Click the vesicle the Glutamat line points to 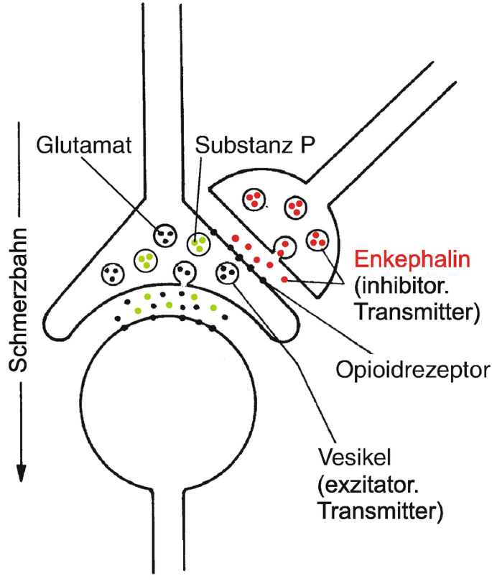166,234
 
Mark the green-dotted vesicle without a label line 147,260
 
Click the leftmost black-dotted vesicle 113,272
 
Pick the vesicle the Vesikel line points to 228,272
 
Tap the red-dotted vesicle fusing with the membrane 285,247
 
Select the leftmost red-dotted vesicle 252,198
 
